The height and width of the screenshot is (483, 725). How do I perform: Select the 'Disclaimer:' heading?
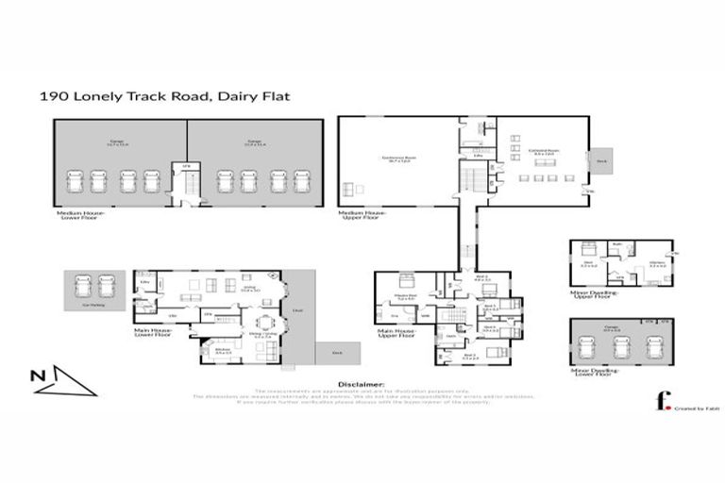[x=362, y=385]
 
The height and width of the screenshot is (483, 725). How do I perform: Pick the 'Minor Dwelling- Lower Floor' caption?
[x=595, y=373]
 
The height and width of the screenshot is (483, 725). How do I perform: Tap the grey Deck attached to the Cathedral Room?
[x=601, y=161]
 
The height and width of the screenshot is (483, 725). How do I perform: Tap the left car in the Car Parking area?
[x=80, y=285]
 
